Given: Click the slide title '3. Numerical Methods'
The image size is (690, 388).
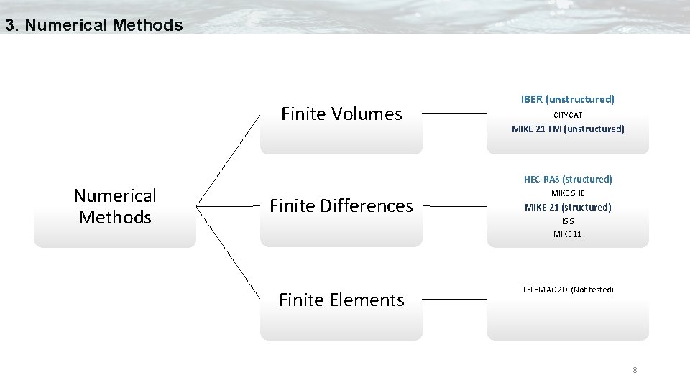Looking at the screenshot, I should pos(93,25).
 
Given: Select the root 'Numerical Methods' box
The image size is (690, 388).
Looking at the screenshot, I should pos(115,206).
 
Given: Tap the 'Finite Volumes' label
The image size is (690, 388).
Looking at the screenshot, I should pos(341,114).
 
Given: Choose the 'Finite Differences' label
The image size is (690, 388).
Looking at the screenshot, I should pos(341,206).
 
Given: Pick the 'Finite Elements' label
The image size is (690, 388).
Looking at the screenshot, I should pos(341,300).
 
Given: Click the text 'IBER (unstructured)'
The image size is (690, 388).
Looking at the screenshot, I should pos(567,99).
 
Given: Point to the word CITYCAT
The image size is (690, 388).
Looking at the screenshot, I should pos(567,115).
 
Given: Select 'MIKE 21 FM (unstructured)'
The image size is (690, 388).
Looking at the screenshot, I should pos(567,129).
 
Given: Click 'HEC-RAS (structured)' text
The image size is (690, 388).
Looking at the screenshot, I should pos(567,179).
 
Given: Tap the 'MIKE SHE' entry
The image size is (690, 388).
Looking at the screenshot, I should pos(567,193).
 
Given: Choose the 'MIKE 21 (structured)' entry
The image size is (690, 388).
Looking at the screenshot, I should pos(567,207).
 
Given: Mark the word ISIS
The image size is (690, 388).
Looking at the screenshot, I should pos(567,221).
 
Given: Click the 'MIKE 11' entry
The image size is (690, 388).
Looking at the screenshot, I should pos(567,234).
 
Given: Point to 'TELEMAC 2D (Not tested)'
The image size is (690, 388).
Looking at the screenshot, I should pos(567,290).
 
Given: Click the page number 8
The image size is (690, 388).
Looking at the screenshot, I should pos(635,370).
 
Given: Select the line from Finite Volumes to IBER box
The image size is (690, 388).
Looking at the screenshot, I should pos(454,114).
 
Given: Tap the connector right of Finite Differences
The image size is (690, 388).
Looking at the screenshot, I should pos(454,206).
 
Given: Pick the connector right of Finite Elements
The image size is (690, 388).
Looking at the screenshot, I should pos(454,300).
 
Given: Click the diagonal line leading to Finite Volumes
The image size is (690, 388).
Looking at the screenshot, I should pos(229,160).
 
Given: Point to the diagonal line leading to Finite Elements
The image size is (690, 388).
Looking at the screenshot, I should pos(229,252).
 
